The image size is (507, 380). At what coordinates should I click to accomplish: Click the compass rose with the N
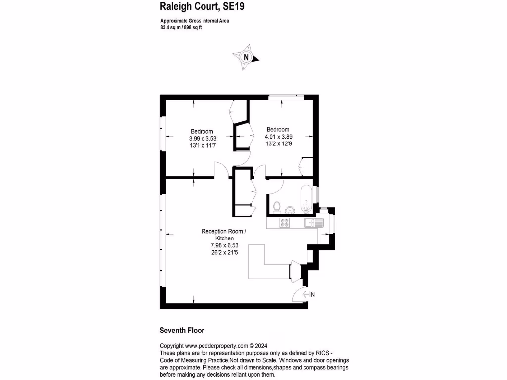246,57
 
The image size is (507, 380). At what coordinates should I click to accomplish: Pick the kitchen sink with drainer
314,223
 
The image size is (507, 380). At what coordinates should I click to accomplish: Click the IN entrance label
312,295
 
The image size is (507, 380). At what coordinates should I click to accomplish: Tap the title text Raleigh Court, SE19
202,6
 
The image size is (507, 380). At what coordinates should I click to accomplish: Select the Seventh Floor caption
182,331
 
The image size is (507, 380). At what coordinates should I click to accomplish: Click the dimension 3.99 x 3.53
203,139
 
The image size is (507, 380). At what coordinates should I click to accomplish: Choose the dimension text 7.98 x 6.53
225,245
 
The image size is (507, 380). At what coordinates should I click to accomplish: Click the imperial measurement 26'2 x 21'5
225,252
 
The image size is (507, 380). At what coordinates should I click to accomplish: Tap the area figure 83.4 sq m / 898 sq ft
181,28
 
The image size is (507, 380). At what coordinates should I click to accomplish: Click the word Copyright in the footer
172,346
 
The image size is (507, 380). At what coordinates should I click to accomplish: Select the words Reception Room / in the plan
223,231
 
